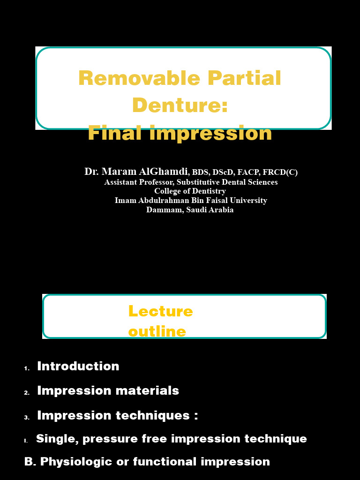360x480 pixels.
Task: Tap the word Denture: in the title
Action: [x=180, y=105]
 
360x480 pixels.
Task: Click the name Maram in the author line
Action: [x=119, y=172]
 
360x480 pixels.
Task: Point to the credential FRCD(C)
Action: [x=281, y=172]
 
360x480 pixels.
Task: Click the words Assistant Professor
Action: [x=139, y=182]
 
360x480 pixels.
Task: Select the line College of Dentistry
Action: [x=190, y=191]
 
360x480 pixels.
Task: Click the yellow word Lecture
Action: [x=160, y=311]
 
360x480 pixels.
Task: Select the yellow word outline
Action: [x=157, y=332]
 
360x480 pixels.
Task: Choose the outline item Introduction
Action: [x=78, y=366]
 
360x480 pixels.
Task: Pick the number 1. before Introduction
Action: [x=27, y=368]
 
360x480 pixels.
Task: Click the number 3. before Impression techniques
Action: [x=27, y=417]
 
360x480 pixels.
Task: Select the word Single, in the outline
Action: [x=56, y=439]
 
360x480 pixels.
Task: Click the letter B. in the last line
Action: [x=30, y=462]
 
